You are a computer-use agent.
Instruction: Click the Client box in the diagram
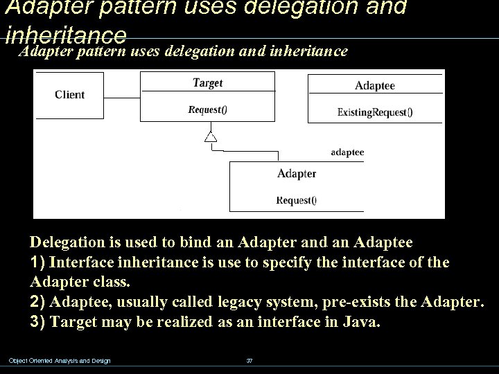point(69,95)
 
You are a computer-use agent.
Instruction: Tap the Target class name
point(207,83)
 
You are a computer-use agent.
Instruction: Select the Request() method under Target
point(207,109)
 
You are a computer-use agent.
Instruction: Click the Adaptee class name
point(375,86)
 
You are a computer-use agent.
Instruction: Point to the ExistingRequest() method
point(375,112)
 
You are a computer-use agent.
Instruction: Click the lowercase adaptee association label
point(347,152)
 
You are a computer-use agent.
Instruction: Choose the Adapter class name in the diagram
point(297,173)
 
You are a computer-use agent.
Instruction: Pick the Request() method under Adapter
point(297,200)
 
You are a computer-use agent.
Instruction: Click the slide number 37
point(250,360)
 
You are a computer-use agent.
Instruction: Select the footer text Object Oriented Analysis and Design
point(59,360)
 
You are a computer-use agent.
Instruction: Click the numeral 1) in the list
point(39,263)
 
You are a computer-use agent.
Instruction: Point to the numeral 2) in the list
point(39,303)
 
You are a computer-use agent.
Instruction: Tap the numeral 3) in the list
point(39,323)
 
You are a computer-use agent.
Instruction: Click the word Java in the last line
point(359,323)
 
